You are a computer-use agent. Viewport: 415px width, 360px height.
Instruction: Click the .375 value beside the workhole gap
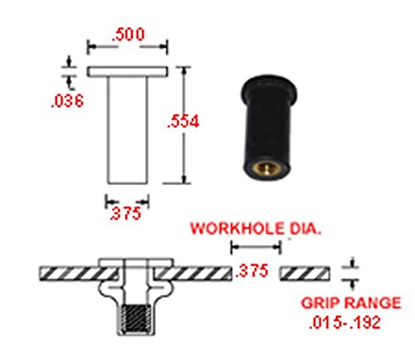tap(252, 270)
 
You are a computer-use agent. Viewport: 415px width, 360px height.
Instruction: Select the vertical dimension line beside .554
tap(185, 124)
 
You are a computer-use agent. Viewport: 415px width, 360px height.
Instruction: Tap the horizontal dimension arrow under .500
tap(128, 45)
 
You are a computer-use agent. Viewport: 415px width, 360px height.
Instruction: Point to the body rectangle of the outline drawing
tap(128, 129)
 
